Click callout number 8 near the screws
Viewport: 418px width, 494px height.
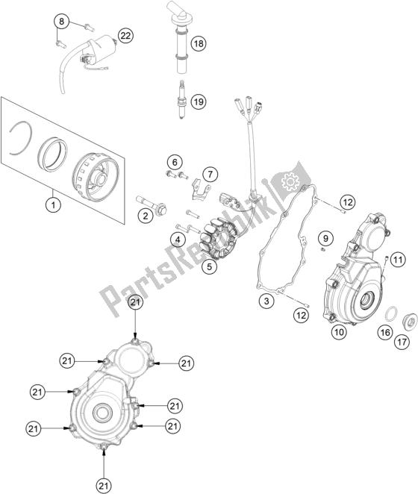click(x=63, y=21)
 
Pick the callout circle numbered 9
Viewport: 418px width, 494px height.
click(x=325, y=239)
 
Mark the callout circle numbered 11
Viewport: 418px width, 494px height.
click(x=397, y=260)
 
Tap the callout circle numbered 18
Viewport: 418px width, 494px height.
click(x=198, y=44)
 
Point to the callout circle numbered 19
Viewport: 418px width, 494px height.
click(x=198, y=101)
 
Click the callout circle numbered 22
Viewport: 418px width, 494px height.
click(x=125, y=35)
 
